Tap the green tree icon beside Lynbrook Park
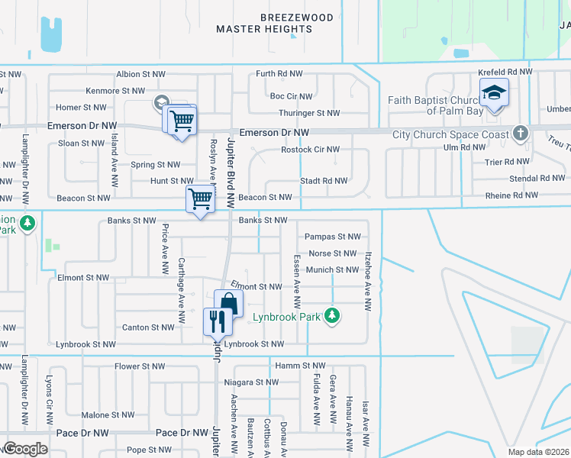coord(332,315)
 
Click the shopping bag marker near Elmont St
coord(228,303)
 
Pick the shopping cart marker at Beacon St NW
coord(200,200)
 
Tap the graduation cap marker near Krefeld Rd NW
coord(494,93)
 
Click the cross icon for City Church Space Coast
coord(521,134)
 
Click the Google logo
coord(24,449)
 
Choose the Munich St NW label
coord(333,269)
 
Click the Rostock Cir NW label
coord(309,149)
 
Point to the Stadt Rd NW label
coord(324,181)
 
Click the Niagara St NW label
coord(250,382)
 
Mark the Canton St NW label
coord(148,327)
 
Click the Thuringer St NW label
coord(308,113)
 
